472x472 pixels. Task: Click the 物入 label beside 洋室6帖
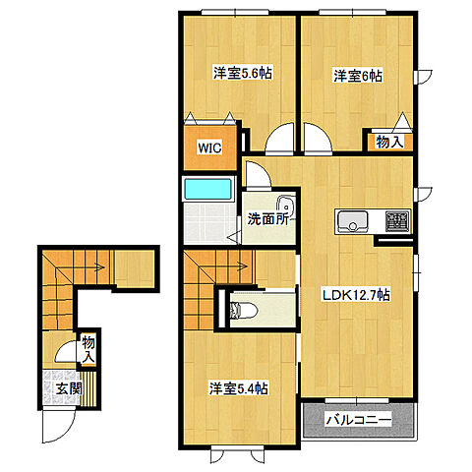point(389,143)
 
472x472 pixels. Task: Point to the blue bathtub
point(207,189)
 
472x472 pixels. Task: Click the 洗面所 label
point(266,219)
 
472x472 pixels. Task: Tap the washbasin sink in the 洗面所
point(285,206)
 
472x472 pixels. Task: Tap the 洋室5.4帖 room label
point(238,387)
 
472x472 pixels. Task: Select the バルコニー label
point(359,420)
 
